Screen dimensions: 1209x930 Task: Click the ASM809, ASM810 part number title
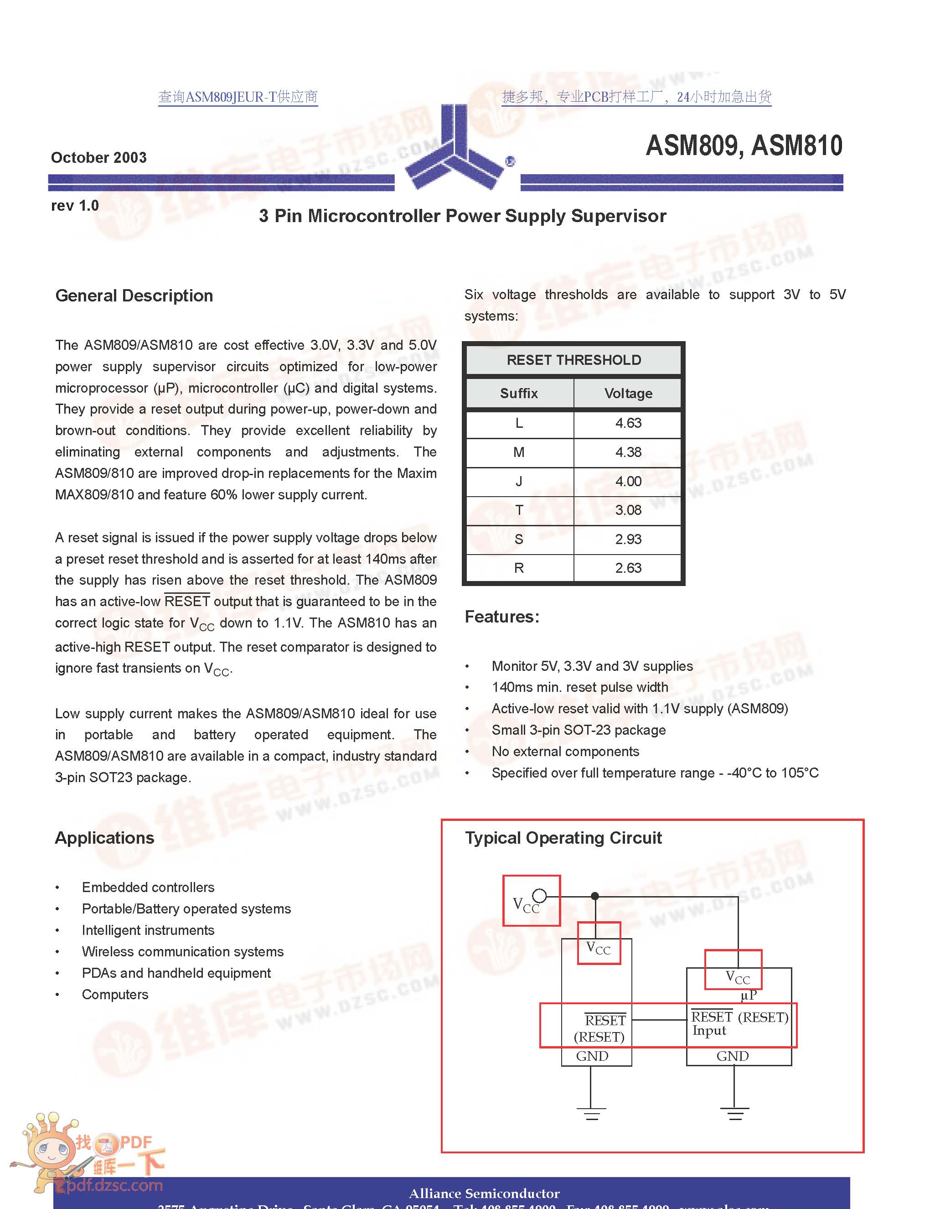click(x=744, y=145)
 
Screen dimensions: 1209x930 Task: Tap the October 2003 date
click(x=99, y=158)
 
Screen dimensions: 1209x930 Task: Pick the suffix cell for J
click(x=519, y=481)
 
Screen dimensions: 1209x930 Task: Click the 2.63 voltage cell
click(x=628, y=568)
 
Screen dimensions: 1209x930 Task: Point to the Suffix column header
click(x=519, y=394)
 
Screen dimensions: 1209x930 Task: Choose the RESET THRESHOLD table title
click(x=573, y=360)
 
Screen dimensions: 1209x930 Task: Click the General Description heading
click(x=134, y=296)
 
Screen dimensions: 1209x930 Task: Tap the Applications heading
click(x=104, y=838)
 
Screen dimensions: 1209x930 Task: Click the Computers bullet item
click(x=115, y=994)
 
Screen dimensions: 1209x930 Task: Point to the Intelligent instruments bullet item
click(x=148, y=930)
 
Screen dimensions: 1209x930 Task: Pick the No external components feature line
click(x=565, y=751)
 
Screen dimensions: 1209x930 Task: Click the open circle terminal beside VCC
click(x=539, y=895)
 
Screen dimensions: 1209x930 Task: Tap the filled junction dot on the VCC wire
click(x=595, y=896)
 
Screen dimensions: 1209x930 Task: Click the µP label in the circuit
click(x=749, y=995)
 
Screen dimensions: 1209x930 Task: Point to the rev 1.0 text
click(x=75, y=206)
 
